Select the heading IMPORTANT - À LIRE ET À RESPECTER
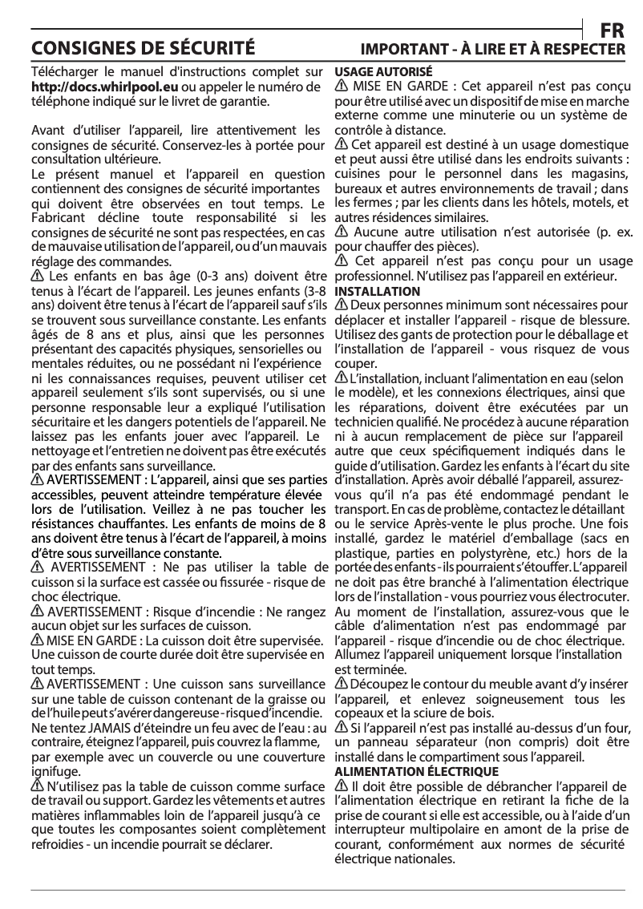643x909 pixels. point(493,49)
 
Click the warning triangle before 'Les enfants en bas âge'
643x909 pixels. point(37,276)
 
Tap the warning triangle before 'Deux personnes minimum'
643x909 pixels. point(341,305)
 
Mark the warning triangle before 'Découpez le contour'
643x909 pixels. point(341,683)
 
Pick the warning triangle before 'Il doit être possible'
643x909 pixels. point(341,786)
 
